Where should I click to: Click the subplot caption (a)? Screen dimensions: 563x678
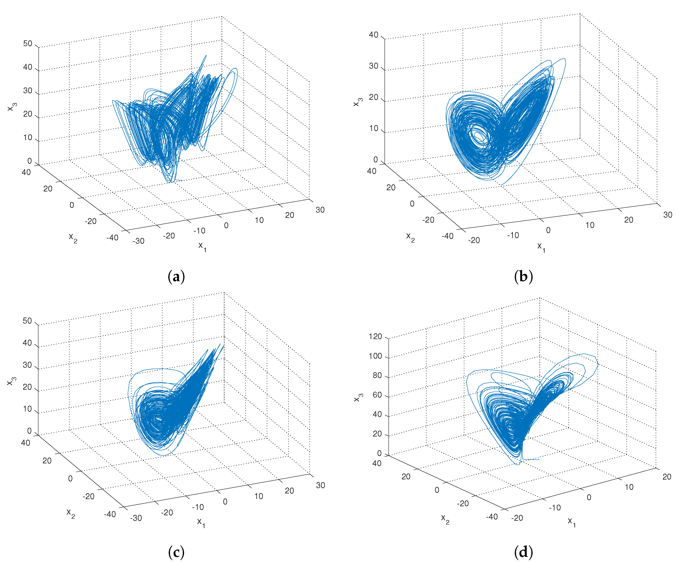pyautogui.click(x=176, y=277)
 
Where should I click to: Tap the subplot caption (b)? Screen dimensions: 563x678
pyautogui.click(x=523, y=277)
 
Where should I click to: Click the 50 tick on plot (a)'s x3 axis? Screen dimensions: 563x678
pyautogui.click(x=28, y=44)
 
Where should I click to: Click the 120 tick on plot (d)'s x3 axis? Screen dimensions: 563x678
pyautogui.click(x=375, y=337)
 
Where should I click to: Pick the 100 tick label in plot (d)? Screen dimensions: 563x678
pyautogui.click(x=375, y=356)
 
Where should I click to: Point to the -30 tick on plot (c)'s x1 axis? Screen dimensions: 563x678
pyautogui.click(x=136, y=518)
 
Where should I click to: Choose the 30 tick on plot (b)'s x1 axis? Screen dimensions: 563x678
pyautogui.click(x=667, y=215)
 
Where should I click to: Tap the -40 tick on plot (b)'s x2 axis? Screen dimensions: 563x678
pyautogui.click(x=448, y=236)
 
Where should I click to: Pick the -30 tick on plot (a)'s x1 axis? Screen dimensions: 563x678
pyautogui.click(x=138, y=241)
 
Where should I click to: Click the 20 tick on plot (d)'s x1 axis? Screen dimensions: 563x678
pyautogui.click(x=667, y=477)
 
